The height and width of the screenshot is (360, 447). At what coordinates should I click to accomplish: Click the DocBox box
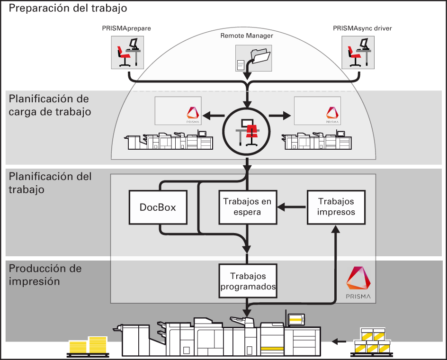[158, 207]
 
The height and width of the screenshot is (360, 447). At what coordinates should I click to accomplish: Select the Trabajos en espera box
[247, 207]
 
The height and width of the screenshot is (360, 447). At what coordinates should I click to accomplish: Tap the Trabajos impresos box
[336, 207]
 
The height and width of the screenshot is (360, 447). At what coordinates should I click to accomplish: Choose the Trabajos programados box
[247, 281]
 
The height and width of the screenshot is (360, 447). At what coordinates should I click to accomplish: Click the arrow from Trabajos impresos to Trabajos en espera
[292, 207]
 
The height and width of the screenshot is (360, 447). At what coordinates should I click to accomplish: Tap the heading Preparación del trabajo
[68, 9]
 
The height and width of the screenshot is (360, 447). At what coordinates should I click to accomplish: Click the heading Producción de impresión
[45, 275]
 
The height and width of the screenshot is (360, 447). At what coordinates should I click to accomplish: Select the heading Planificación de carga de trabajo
[50, 105]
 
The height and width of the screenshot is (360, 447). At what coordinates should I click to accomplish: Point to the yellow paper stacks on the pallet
[89, 346]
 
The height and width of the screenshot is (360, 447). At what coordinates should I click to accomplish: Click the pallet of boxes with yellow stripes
[372, 342]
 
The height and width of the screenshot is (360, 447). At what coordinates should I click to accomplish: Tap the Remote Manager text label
[247, 36]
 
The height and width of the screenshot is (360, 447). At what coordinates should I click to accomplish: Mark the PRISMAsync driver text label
[362, 29]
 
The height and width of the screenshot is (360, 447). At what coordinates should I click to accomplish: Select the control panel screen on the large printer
[296, 320]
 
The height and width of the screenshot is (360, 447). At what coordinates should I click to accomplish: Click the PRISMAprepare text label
[126, 29]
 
